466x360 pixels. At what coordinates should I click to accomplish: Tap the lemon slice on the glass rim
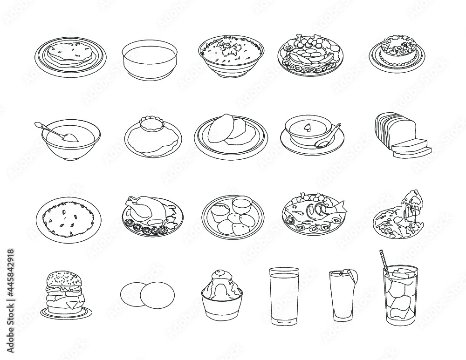coord(353,277)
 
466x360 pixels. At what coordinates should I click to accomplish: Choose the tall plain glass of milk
coord(284,296)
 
